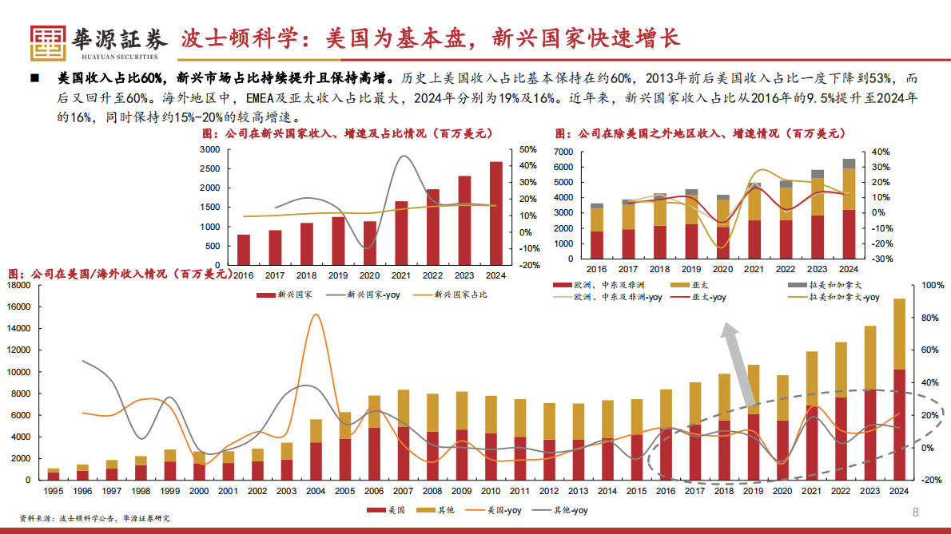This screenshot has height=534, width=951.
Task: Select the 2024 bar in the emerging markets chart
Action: click(x=495, y=213)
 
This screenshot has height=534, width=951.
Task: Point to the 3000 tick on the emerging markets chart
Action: click(x=210, y=149)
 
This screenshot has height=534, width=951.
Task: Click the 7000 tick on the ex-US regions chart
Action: click(x=563, y=152)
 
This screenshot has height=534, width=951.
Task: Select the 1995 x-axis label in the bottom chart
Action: click(x=54, y=491)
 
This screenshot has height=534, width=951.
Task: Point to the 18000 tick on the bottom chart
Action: click(x=18, y=285)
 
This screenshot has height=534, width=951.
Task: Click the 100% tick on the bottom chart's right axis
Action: click(x=933, y=285)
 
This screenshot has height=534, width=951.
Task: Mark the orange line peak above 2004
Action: click(x=316, y=314)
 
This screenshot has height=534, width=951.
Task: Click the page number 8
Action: click(x=916, y=512)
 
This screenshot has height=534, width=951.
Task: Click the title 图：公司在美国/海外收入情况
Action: click(x=120, y=273)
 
